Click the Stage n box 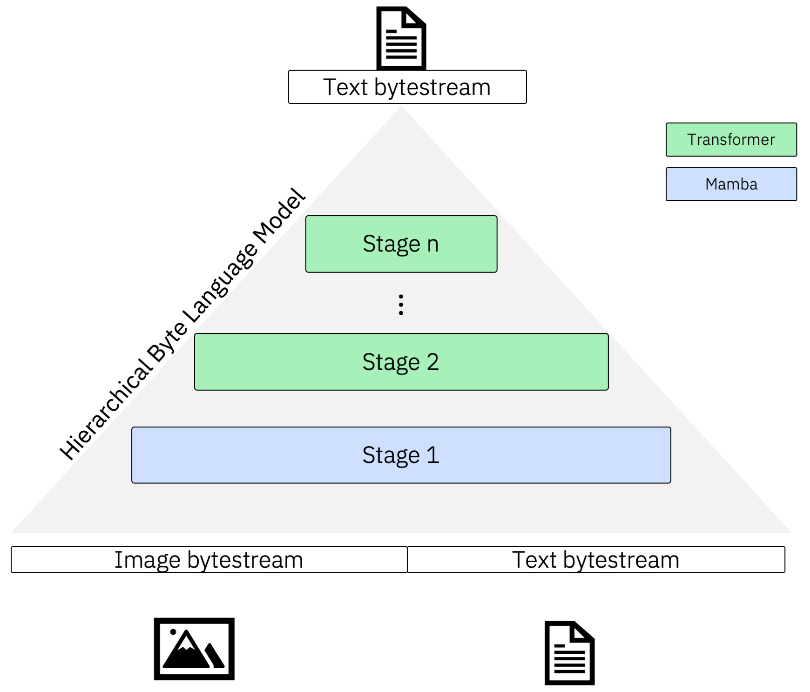pos(401,244)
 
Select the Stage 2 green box pos(401,361)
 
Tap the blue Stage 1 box pos(401,455)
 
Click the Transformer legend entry pos(731,139)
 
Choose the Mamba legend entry pos(731,184)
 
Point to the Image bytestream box pos(209,559)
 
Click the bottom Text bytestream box pos(595,559)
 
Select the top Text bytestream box pos(407,87)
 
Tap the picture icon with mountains pos(194,648)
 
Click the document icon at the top pos(401,38)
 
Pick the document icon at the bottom pos(569,653)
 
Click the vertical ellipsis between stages pos(401,305)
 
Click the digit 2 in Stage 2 pos(432,361)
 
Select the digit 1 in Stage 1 pos(432,455)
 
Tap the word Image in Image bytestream pos(148,559)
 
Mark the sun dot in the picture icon pos(173,632)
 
